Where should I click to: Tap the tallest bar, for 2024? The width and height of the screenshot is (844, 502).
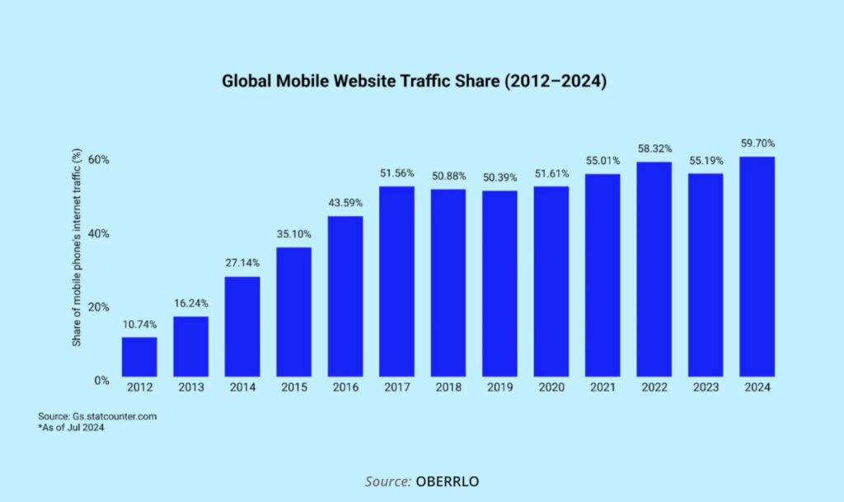tap(757, 268)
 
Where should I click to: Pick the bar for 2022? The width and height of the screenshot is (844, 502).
tap(654, 270)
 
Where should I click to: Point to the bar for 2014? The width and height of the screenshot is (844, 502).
tap(242, 327)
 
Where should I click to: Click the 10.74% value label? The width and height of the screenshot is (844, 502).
tap(139, 325)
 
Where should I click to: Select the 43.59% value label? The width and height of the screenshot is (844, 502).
tap(345, 203)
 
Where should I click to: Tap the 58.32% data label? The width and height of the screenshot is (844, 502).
tap(654, 149)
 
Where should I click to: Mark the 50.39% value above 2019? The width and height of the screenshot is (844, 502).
tap(499, 178)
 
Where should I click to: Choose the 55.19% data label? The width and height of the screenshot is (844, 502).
tap(706, 160)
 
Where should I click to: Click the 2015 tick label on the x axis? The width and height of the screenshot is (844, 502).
tap(293, 387)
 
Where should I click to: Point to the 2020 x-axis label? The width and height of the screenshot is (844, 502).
tap(551, 387)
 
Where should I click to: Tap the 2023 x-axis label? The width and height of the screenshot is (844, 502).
tap(706, 387)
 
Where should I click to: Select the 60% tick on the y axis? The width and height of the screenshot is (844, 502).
tap(100, 159)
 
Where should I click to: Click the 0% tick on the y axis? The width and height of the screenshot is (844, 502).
tap(103, 380)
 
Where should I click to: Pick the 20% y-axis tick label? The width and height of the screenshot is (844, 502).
tap(100, 307)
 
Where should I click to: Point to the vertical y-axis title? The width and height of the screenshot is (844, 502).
tap(77, 246)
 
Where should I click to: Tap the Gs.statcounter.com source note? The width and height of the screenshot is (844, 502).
tap(96, 416)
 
